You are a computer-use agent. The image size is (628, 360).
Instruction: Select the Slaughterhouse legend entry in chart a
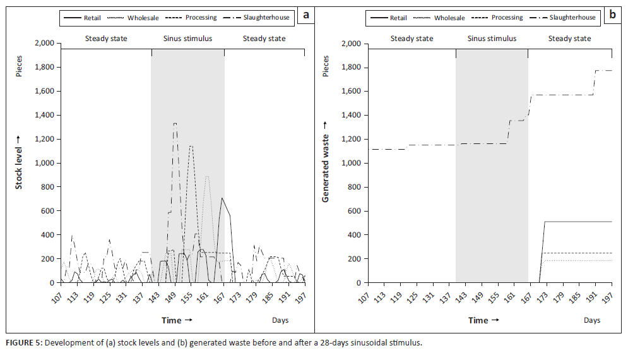[x=264, y=18]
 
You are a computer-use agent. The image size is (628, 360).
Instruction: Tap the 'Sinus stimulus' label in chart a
[x=187, y=39]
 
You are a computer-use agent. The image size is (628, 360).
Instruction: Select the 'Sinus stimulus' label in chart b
[x=492, y=39]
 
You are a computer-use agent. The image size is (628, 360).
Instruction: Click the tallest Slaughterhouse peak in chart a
[x=175, y=124]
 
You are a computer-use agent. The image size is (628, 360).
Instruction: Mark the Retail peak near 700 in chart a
[x=222, y=198]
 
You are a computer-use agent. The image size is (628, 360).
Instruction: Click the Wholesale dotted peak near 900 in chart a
[x=206, y=177]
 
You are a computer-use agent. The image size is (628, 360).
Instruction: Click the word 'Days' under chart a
[x=280, y=320]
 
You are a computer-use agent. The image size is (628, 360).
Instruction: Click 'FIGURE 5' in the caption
[x=23, y=343]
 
